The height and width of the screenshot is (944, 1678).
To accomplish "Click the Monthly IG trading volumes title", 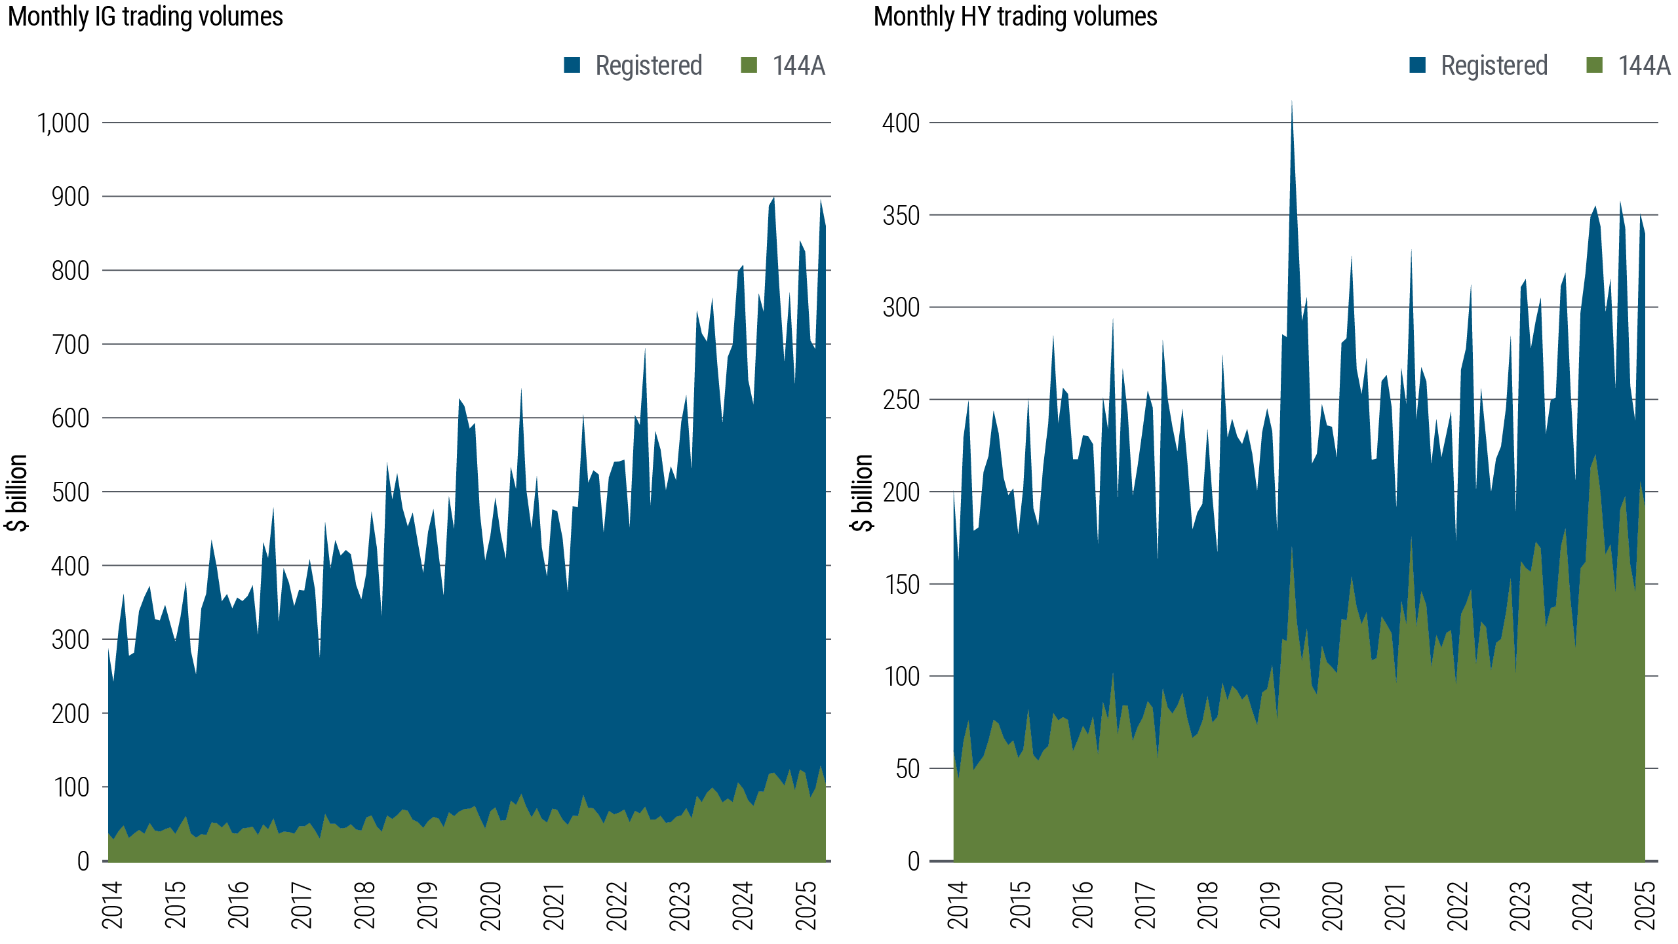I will pyautogui.click(x=145, y=16).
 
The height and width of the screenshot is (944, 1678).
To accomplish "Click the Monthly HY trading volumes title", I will pyautogui.click(x=1015, y=16).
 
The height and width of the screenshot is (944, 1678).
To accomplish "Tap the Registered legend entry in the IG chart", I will pyautogui.click(x=648, y=66).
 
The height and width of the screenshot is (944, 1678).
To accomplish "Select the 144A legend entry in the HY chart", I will pyautogui.click(x=1643, y=66).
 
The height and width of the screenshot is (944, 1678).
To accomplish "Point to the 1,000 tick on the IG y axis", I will pyautogui.click(x=64, y=123).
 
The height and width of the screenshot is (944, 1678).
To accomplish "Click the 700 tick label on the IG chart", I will pyautogui.click(x=70, y=344).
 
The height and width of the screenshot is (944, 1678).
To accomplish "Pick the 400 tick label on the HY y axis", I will pyautogui.click(x=901, y=123).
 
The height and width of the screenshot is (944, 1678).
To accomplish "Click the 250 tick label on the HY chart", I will pyautogui.click(x=901, y=400).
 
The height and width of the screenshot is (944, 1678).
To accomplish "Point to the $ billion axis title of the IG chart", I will pyautogui.click(x=17, y=492).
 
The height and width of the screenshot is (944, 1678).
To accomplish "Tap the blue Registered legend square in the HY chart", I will pyautogui.click(x=1417, y=65).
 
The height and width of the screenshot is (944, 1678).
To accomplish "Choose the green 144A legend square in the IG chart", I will pyautogui.click(x=749, y=65).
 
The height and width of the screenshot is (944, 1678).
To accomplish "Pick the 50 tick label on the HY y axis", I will pyautogui.click(x=908, y=769).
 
